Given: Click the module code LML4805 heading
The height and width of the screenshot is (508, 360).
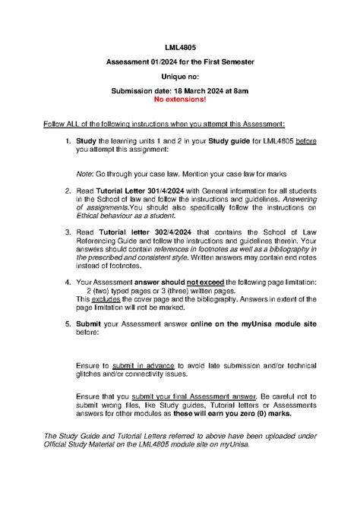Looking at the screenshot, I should tap(179, 48).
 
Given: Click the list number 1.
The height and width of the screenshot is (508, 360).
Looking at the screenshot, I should tap(68, 140).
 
